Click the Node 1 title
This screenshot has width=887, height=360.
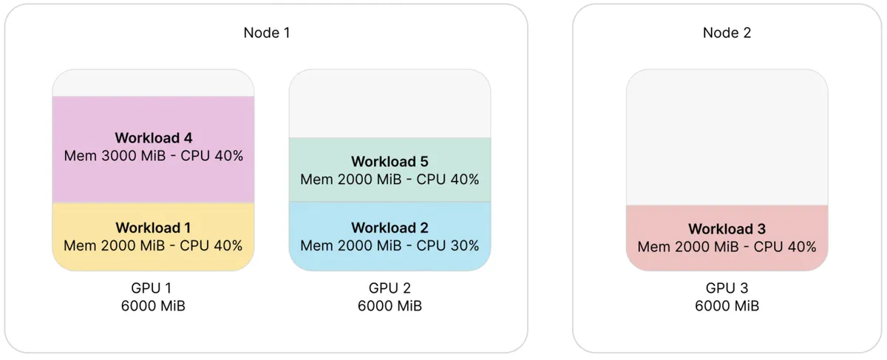pos(267,33)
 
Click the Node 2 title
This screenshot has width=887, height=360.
pos(727,33)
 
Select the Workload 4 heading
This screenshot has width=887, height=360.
pos(154,137)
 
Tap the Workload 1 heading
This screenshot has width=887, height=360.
pos(153,228)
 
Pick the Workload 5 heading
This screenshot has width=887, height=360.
pos(390,162)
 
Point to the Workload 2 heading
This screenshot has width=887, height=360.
pos(390,228)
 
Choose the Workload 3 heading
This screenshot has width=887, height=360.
pos(727,229)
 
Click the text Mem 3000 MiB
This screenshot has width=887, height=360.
pos(115,156)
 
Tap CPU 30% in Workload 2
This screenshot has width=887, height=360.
pos(448,245)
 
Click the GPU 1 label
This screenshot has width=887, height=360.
pos(152,288)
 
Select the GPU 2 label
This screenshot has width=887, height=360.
pos(390,288)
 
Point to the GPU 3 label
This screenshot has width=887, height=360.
pos(727,288)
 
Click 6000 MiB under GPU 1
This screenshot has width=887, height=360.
pos(153,306)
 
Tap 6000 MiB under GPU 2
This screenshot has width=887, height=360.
pos(390,306)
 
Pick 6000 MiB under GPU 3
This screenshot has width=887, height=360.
pos(727,306)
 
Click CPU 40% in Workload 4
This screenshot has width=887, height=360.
pos(212,156)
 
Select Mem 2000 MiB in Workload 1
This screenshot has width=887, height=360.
pos(114,245)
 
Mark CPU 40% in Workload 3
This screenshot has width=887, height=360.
pos(785,247)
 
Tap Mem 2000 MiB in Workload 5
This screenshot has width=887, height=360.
pos(351,180)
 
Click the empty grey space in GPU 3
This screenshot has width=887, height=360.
pos(727,137)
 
